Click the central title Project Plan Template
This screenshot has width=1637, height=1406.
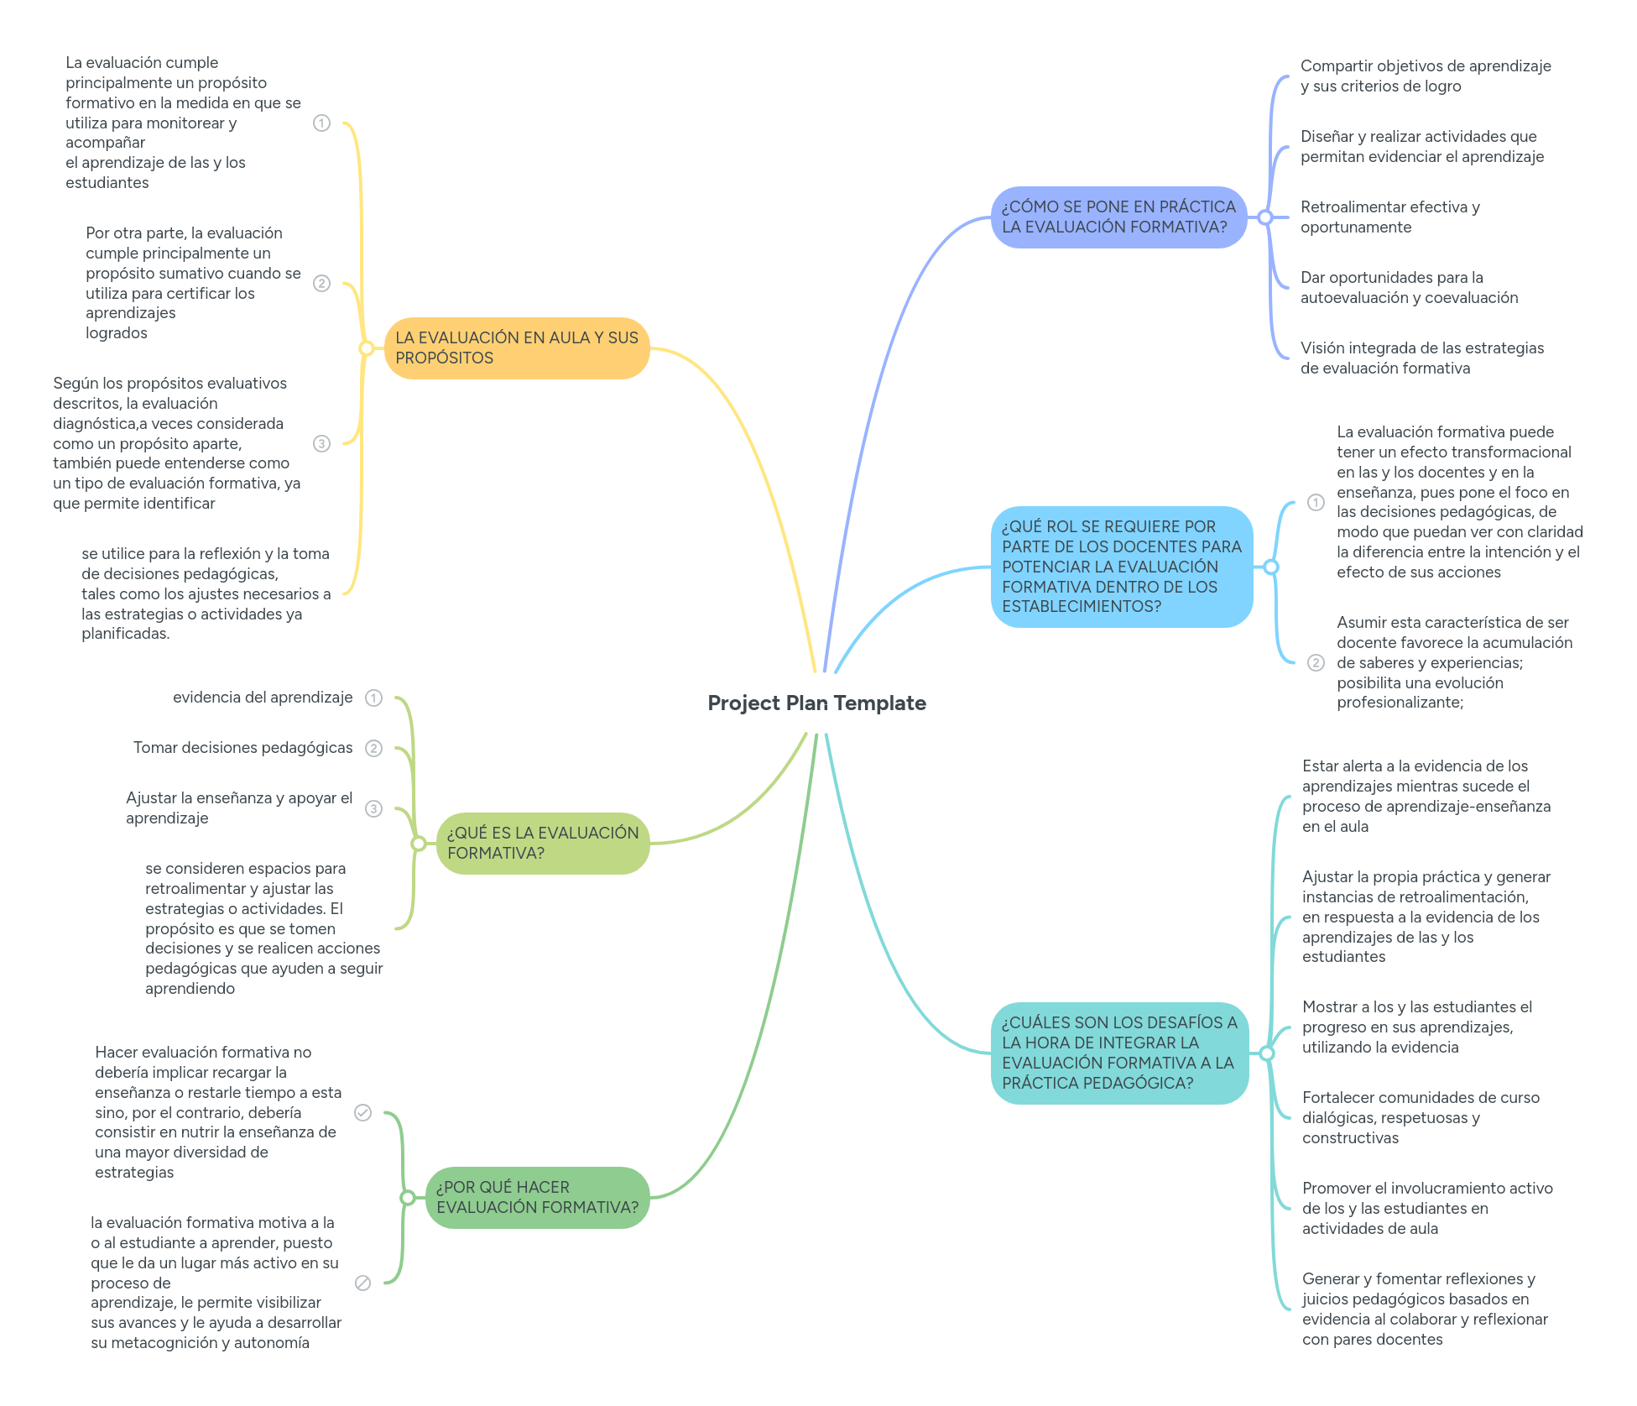pos(816,703)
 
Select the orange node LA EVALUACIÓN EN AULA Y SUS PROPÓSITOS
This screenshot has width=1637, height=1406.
pos(516,348)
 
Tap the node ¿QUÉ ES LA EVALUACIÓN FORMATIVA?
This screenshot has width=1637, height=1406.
pos(542,843)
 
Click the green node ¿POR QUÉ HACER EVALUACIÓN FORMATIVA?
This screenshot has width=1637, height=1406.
pos(537,1197)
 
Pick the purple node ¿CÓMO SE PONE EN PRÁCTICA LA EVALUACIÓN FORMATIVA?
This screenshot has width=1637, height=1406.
pos(1118,217)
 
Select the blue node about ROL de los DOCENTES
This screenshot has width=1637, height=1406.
pos(1121,567)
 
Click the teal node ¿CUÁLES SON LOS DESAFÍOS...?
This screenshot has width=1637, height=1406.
pos(1119,1053)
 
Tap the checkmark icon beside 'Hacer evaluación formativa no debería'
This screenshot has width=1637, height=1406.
pos(362,1112)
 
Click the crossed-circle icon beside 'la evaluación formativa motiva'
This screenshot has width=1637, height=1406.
pos(362,1283)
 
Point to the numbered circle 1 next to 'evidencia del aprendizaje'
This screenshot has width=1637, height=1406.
pos(373,698)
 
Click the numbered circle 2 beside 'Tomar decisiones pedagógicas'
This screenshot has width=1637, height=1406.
pos(373,748)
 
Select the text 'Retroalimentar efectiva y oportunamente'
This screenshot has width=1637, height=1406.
pos(1389,217)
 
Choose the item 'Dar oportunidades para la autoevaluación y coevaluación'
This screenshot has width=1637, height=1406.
pos(1408,287)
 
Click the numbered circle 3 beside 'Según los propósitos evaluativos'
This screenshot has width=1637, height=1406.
pos(321,443)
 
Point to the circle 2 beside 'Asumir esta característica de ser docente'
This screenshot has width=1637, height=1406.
pos(1316,662)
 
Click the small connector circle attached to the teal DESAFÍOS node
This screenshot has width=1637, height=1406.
pos(1267,1053)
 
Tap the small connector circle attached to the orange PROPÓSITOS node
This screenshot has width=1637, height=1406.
pos(366,348)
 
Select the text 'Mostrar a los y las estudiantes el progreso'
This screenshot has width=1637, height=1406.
pos(1416,1027)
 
